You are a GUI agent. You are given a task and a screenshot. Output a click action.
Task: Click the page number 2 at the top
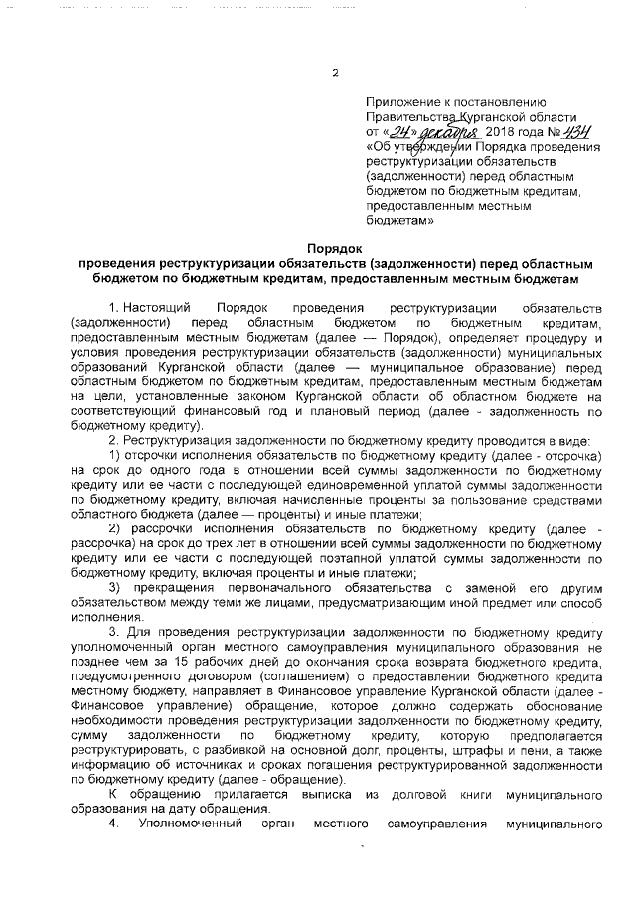(x=334, y=73)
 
